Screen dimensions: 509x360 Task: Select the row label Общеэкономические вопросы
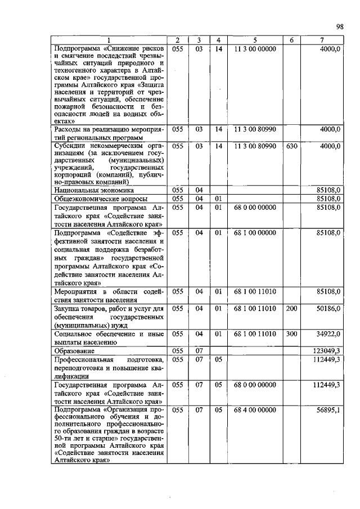pyautogui.click(x=93, y=199)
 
